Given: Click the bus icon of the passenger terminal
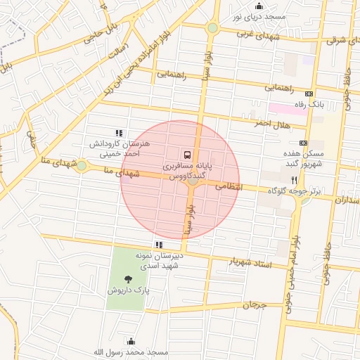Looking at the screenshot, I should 187,153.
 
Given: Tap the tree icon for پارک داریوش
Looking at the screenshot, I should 127,278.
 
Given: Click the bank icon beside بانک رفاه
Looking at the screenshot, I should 309,94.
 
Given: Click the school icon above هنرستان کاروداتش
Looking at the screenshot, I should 119,132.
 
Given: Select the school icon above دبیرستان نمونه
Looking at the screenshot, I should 159,244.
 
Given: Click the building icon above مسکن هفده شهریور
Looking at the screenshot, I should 303,143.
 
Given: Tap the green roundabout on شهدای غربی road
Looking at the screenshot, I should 212,28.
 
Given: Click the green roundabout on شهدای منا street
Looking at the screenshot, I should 82,166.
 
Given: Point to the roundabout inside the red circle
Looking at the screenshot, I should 193,181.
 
